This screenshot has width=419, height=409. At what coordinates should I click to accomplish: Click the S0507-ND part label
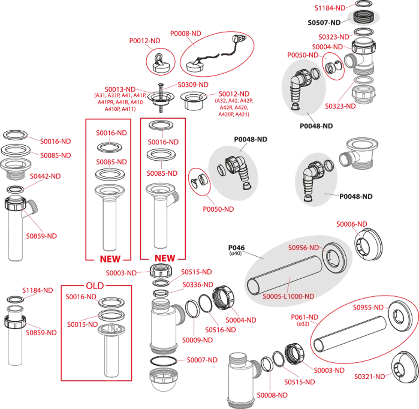click(324, 23)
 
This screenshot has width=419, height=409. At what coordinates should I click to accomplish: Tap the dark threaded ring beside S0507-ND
click(363, 17)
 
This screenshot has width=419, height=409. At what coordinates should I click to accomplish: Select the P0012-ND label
click(145, 41)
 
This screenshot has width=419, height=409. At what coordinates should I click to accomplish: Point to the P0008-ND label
click(186, 34)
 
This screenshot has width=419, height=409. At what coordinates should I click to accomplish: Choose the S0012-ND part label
click(234, 94)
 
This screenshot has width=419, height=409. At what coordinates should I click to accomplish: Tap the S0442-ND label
click(45, 176)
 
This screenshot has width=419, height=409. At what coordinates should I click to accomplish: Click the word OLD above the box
click(95, 286)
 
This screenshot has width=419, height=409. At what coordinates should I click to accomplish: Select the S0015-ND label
click(82, 324)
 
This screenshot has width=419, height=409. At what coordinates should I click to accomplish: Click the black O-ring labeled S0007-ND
click(163, 361)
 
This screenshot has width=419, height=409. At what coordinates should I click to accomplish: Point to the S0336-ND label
click(198, 285)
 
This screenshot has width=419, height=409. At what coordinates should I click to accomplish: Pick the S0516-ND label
click(220, 330)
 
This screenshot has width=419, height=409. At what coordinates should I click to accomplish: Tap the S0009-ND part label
click(197, 340)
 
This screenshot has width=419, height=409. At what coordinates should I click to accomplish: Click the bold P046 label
click(236, 248)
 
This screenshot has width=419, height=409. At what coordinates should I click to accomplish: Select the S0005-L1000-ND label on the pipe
click(288, 296)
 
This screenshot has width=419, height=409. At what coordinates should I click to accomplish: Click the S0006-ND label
click(352, 224)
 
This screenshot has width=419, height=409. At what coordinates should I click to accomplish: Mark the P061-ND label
click(304, 317)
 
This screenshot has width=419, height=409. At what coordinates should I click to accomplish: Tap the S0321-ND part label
click(370, 377)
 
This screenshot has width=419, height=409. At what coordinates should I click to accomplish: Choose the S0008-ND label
click(272, 395)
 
